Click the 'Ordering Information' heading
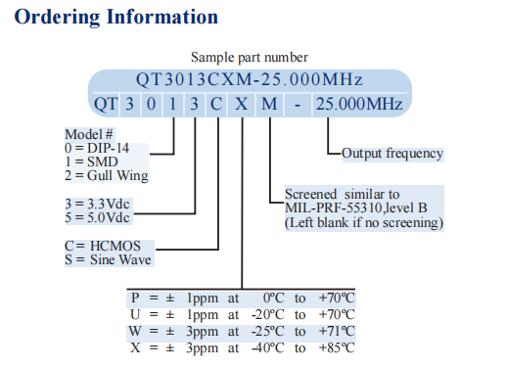(116, 18)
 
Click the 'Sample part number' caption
(250, 58)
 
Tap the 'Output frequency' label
(392, 153)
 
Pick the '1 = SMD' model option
(95, 162)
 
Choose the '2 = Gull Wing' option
(108, 176)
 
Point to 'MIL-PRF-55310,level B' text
(358, 208)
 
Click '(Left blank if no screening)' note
(364, 223)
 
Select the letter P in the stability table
(133, 297)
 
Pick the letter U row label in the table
(134, 314)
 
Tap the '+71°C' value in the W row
(336, 332)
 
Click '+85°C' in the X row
(336, 347)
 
